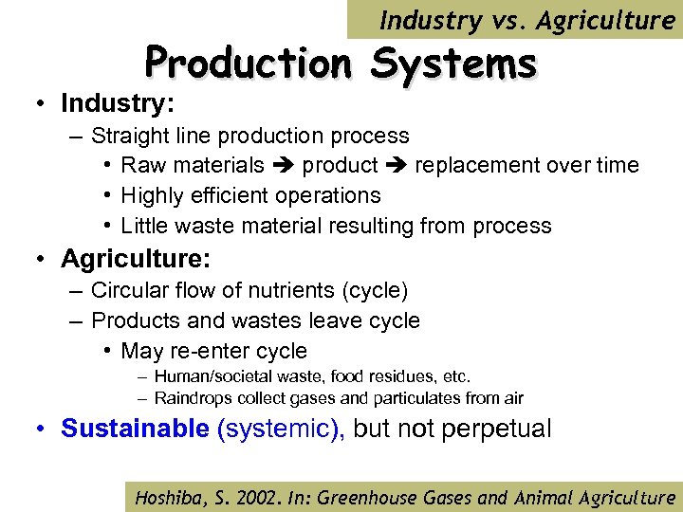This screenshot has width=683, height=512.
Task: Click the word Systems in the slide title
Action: [454, 64]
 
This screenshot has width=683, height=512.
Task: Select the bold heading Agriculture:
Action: [136, 258]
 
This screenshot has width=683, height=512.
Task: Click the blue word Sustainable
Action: [135, 429]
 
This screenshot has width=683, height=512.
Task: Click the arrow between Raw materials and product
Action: [284, 166]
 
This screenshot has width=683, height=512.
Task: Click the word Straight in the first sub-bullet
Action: [131, 136]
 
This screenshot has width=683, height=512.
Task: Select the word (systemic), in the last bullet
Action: [282, 429]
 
